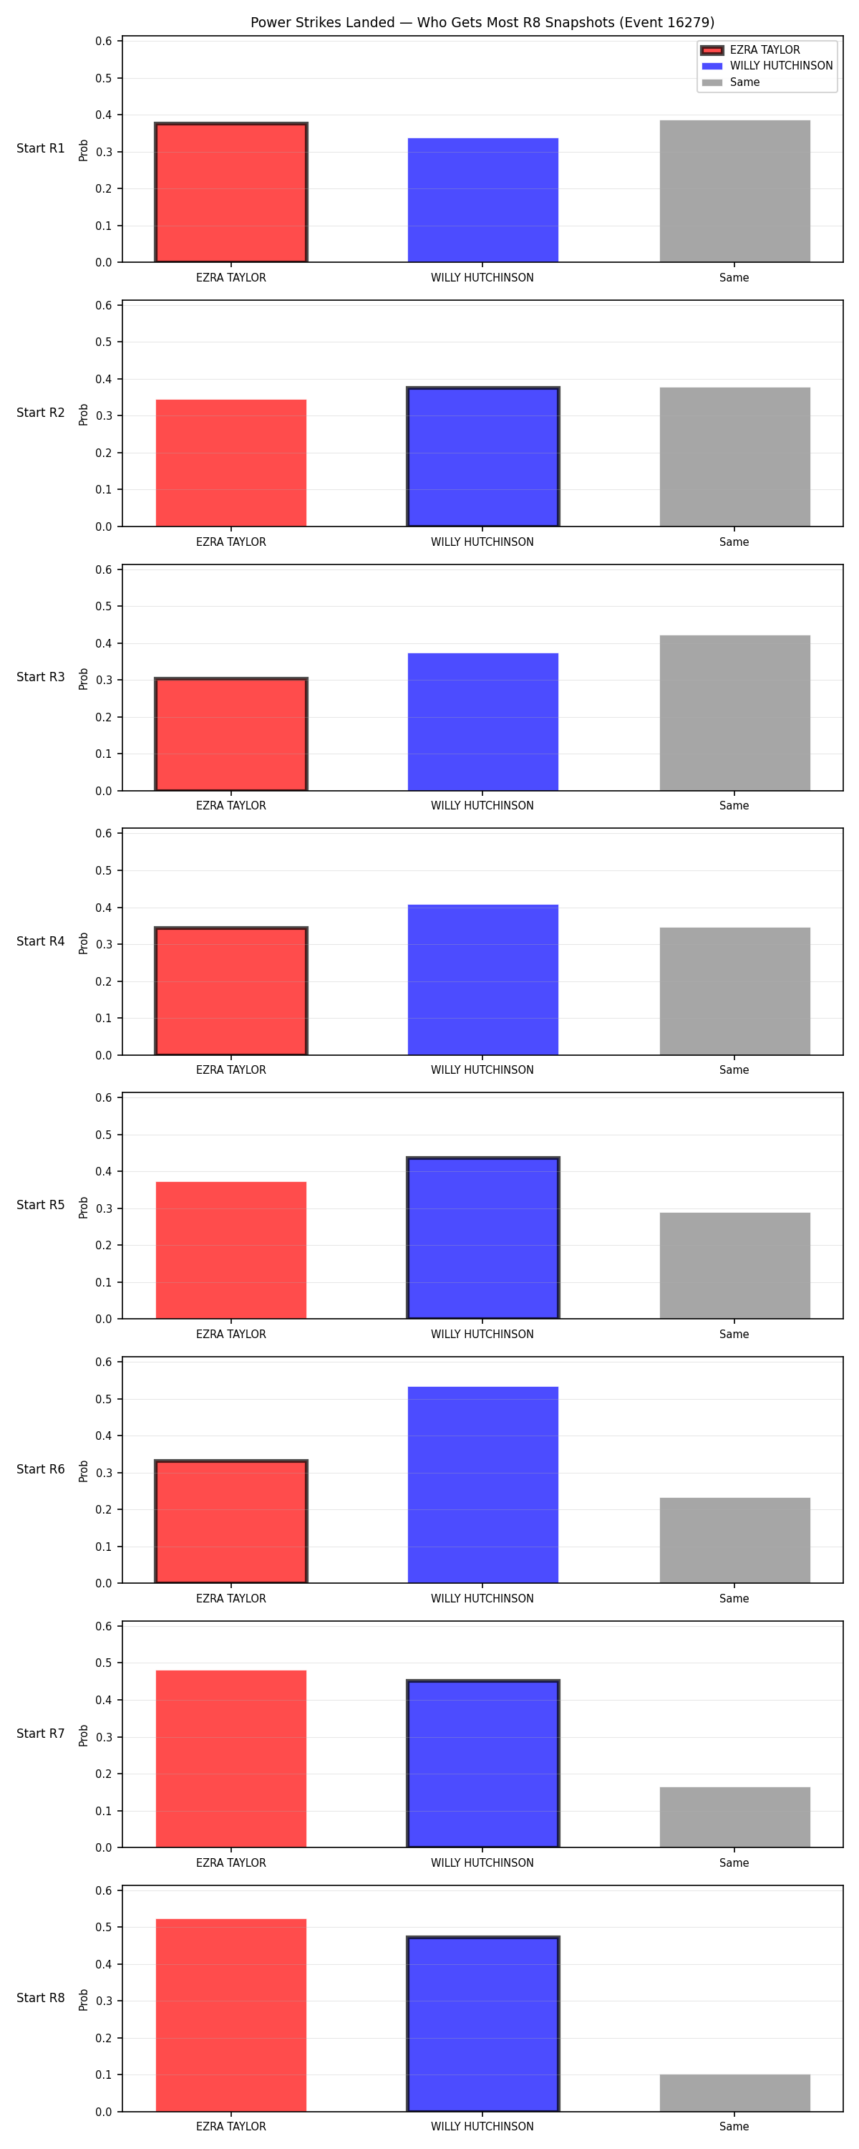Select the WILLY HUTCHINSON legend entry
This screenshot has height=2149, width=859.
tap(767, 66)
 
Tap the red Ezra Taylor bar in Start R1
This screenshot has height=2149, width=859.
tap(231, 193)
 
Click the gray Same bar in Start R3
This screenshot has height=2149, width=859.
tap(734, 713)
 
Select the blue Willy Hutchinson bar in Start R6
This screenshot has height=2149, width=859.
tap(483, 1485)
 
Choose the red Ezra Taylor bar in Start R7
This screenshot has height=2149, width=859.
tap(231, 1759)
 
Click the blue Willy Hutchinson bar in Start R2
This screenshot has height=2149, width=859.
tap(483, 457)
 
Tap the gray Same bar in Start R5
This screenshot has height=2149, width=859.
tap(734, 1266)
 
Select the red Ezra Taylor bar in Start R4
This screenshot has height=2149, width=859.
tap(231, 991)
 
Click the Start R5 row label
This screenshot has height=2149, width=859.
tap(41, 1205)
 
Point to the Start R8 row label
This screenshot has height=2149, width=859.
tap(41, 1997)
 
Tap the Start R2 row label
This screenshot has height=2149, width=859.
tap(41, 412)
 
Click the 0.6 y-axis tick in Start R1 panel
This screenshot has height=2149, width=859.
tap(103, 41)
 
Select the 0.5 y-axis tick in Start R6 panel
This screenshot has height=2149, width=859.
tap(103, 1399)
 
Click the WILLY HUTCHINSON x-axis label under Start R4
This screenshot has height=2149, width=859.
tap(482, 1069)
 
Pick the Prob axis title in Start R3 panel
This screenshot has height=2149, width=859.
tap(84, 679)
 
